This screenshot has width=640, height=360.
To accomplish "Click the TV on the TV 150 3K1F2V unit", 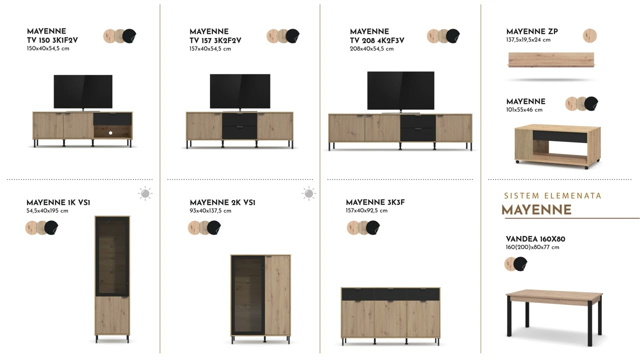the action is [83, 92].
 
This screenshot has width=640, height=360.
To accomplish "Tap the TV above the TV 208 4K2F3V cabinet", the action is [400, 91].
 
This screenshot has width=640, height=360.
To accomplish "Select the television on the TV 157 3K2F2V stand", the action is [240, 92].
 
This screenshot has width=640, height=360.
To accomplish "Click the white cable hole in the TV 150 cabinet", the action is [110, 133].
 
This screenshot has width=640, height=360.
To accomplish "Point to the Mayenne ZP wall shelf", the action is [551, 59].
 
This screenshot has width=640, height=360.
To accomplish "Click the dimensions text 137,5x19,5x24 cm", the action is [528, 39].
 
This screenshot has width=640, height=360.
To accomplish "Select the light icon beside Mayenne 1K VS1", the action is [145, 193].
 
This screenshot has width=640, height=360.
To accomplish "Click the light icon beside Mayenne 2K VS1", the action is [308, 193].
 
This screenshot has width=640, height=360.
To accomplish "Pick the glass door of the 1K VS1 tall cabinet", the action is [112, 256].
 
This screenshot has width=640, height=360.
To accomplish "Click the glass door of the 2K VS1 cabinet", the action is [248, 295].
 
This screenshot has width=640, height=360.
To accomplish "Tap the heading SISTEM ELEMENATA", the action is [552, 195].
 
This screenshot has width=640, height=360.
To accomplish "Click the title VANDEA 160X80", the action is [535, 239].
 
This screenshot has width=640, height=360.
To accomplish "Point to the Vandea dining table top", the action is [554, 295].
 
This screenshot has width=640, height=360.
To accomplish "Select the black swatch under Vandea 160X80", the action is [520, 263].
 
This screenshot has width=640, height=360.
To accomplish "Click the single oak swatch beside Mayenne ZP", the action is [589, 35].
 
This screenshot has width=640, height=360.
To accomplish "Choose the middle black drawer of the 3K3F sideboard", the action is [390, 294].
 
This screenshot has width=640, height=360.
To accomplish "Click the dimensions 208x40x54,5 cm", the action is [371, 49].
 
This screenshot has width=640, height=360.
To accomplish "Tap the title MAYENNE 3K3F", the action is [375, 202].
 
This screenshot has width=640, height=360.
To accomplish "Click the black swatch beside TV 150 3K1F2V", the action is [129, 36].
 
